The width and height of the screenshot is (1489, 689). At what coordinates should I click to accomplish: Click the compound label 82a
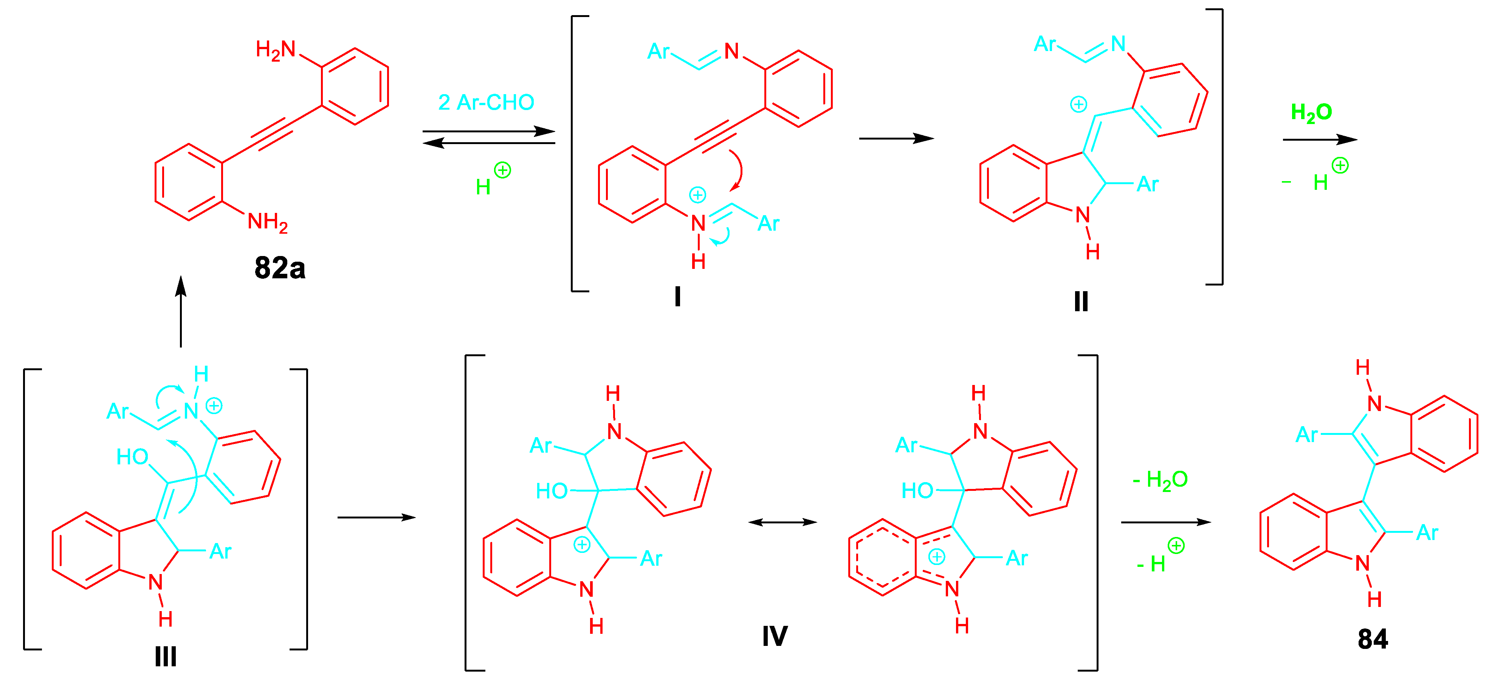coord(280,268)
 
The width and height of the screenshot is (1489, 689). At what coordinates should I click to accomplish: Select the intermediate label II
coord(1081,301)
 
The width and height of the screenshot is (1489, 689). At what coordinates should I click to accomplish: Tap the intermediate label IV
coord(775,636)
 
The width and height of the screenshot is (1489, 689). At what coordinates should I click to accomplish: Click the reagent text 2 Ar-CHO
coord(486,102)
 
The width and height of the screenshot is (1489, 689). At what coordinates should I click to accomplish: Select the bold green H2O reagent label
coord(1311,112)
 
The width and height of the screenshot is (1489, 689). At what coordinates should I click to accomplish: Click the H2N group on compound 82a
coord(276,50)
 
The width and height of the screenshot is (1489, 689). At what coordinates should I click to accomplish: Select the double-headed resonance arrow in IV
coord(782,522)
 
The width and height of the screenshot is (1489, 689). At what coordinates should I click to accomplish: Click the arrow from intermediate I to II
coord(896,138)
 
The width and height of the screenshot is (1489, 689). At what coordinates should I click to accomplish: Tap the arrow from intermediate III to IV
coord(376,517)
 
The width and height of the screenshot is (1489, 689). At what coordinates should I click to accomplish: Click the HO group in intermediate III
coord(132,457)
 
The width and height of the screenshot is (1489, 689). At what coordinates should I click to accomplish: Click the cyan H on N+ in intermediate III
coord(201,374)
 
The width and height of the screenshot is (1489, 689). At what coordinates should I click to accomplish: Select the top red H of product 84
coord(1362,367)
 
